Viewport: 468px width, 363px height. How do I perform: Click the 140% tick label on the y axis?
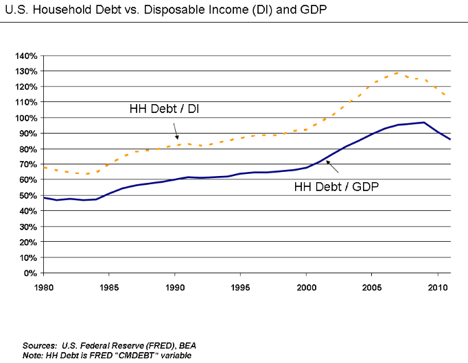[25, 55]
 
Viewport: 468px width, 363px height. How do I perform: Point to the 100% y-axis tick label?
[25, 118]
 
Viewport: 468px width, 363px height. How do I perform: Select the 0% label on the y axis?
[30, 273]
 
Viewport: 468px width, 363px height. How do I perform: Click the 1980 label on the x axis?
[43, 286]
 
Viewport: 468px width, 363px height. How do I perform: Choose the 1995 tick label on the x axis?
[240, 286]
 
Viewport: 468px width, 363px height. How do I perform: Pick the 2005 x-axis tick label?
[371, 286]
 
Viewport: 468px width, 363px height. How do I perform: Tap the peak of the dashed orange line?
[398, 72]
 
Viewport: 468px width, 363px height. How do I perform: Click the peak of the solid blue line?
[424, 123]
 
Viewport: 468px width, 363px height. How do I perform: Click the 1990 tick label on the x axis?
[174, 286]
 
